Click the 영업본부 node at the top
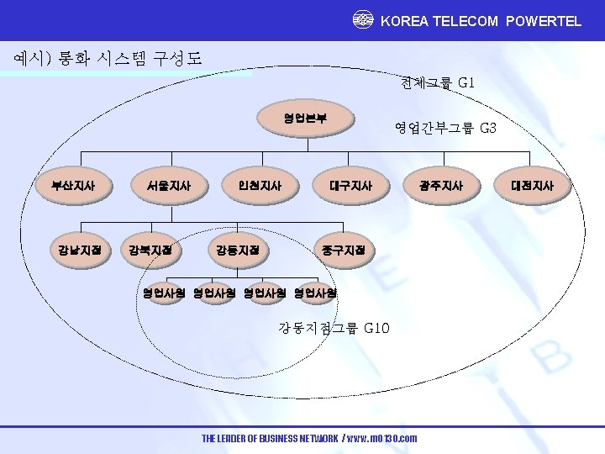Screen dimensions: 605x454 pyautogui.click(x=306, y=119)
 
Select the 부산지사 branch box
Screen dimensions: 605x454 pyautogui.click(x=72, y=185)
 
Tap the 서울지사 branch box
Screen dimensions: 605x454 pyautogui.click(x=168, y=185)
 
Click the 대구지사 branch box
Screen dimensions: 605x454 pyautogui.click(x=350, y=185)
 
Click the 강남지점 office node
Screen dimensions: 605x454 pyautogui.click(x=79, y=250)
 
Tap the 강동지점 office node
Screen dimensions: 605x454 pyautogui.click(x=238, y=250)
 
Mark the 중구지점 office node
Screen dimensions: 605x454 pyautogui.click(x=343, y=250)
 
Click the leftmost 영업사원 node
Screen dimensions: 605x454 pyautogui.click(x=165, y=293)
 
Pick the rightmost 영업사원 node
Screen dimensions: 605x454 pyautogui.click(x=316, y=293)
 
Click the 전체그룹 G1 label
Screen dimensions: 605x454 pyautogui.click(x=439, y=83)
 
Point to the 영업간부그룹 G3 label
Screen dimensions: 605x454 pyautogui.click(x=446, y=129)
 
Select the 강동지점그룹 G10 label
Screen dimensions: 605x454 pyautogui.click(x=334, y=328)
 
